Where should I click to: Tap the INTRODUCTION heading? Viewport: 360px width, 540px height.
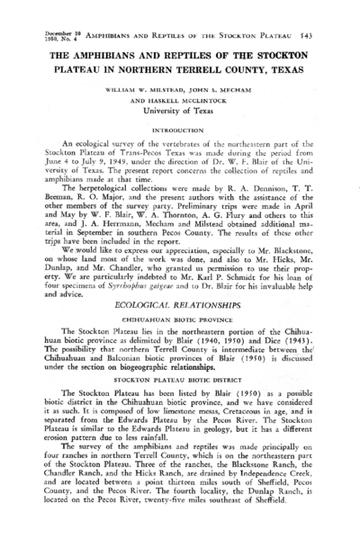point(181,130)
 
